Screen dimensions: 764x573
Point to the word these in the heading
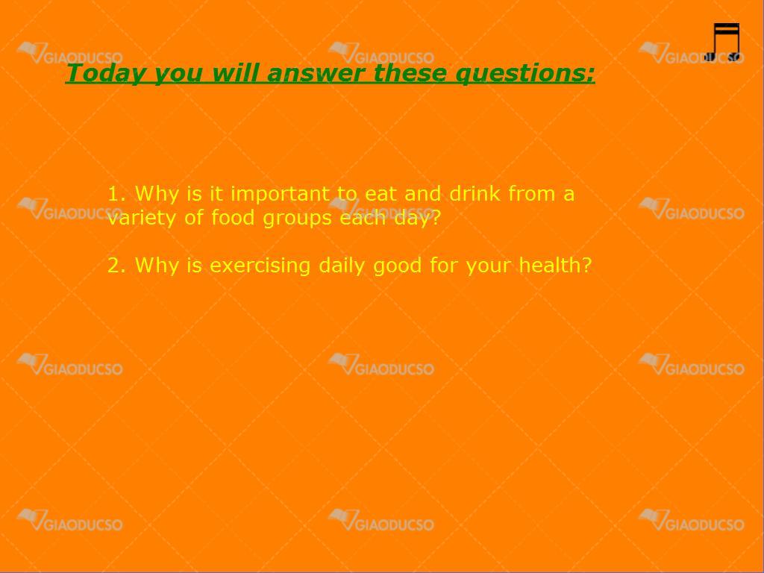tap(410, 72)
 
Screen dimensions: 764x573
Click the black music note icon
tap(724, 43)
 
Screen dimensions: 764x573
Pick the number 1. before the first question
tap(117, 194)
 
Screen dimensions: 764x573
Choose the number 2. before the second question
tap(117, 266)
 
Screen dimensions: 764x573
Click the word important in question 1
tap(280, 195)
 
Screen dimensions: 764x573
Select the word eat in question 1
tap(381, 194)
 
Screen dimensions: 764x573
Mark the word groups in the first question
tap(297, 219)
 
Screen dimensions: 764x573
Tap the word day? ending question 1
tap(417, 219)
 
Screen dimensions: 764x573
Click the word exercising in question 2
tap(260, 266)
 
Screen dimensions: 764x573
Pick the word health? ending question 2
tap(555, 265)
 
